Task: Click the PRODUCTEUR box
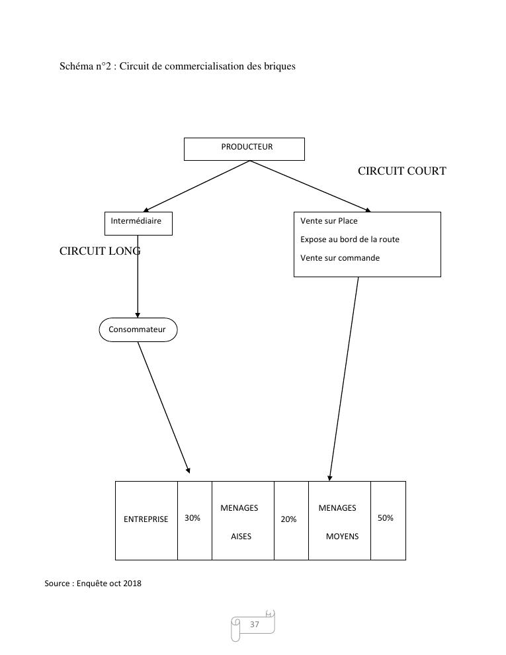coord(244,149)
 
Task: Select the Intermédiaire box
coord(138,223)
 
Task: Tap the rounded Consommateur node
coord(138,329)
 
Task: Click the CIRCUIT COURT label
coord(401,171)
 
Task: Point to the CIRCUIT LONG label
coord(100,251)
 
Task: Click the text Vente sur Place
coord(329,221)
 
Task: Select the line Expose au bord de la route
coord(350,240)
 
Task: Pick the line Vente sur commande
coord(340,258)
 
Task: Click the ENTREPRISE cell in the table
coord(146,520)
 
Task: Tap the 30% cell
coord(192,518)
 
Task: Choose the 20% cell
coord(288,520)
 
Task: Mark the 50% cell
coord(386,518)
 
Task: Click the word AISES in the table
coord(241,537)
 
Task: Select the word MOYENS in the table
coord(342,537)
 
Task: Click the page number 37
coord(255,625)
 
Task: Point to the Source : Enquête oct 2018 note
coord(93,584)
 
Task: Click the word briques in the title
coord(278,66)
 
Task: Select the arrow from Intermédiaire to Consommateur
coord(138,278)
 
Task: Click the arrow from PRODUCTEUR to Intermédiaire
coord(196,186)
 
